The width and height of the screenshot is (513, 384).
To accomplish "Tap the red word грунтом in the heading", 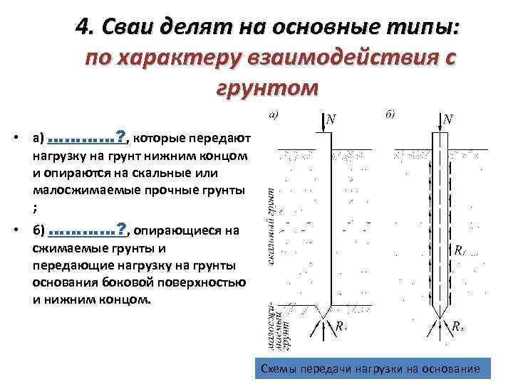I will (266, 88).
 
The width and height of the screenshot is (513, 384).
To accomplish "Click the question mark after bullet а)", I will (121, 135).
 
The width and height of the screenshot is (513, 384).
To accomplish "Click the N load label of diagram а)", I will (331, 119).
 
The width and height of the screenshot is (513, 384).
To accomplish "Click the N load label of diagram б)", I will (447, 119).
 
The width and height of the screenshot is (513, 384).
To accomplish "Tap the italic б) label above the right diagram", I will (390, 114).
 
